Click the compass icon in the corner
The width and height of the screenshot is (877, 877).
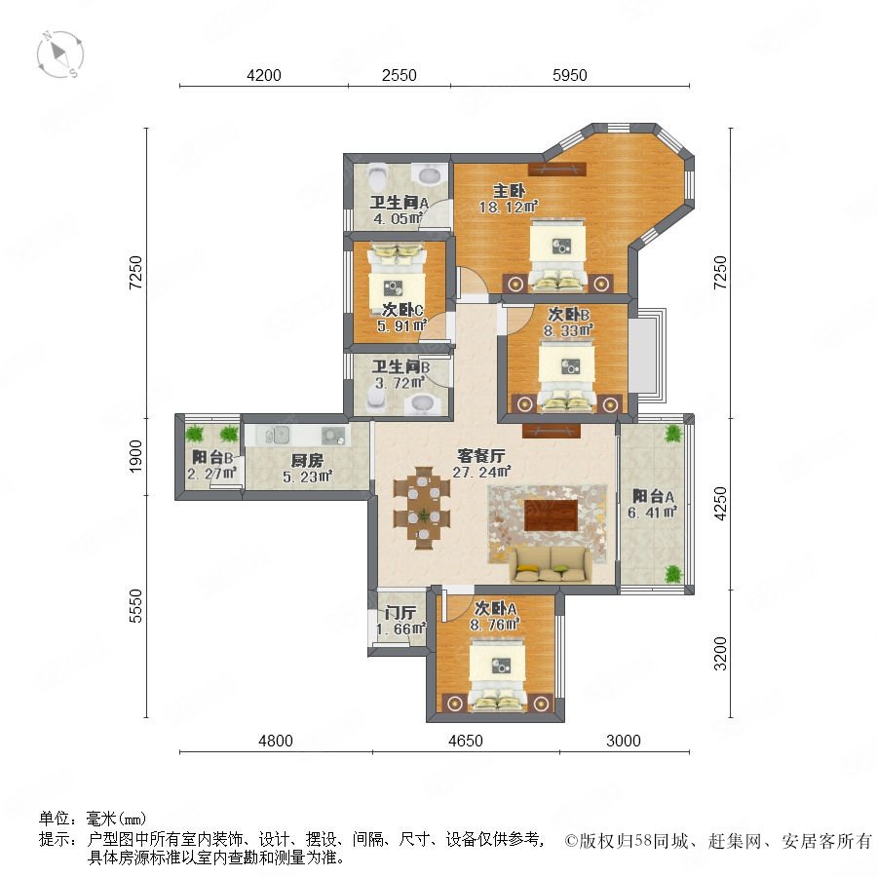[59, 55]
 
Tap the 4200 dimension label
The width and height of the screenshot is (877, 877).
[264, 75]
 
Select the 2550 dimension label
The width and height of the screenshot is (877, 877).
[400, 75]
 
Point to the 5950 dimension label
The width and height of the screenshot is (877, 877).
[570, 75]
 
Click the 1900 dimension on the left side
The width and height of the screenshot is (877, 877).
[135, 456]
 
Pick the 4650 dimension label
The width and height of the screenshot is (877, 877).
[466, 742]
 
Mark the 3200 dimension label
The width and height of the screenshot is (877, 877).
[720, 653]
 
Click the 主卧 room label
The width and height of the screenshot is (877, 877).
[509, 191]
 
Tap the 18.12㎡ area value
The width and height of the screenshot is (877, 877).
[508, 208]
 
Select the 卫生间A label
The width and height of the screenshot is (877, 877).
[399, 203]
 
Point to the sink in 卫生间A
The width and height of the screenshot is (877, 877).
[430, 174]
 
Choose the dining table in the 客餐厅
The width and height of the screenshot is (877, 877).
[422, 508]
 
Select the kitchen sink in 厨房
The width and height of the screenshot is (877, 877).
[274, 435]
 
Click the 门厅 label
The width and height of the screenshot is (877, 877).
[400, 614]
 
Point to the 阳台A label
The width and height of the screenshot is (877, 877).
[653, 496]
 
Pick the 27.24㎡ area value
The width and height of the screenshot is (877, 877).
[481, 472]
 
